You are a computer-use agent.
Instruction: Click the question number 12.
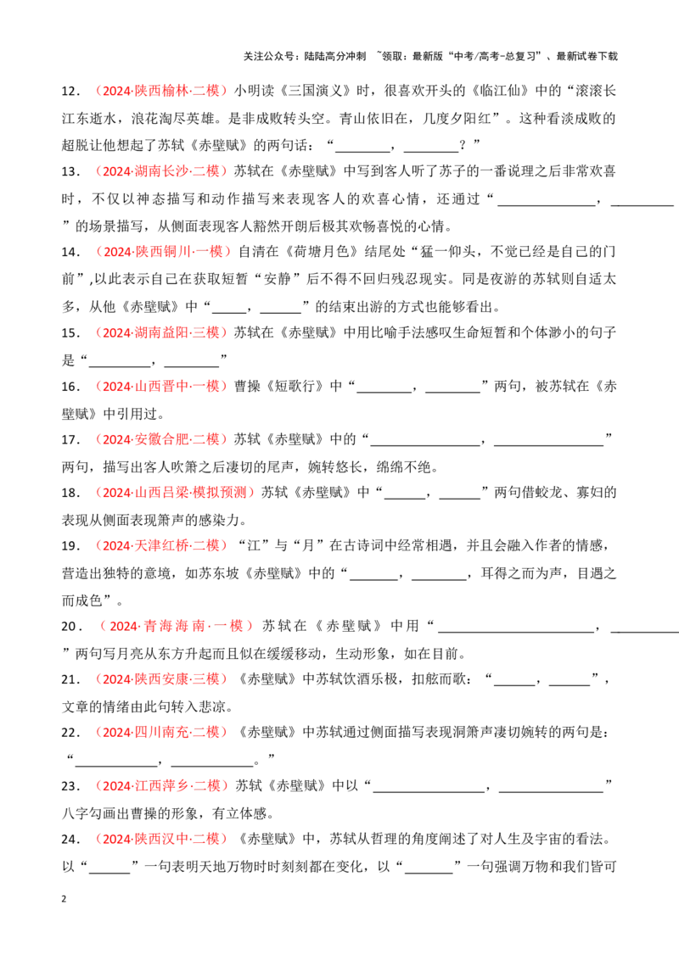[70, 92]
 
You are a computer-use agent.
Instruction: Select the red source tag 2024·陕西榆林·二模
[161, 91]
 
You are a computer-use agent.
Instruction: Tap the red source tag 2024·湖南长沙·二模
[161, 170]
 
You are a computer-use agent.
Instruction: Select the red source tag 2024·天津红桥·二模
[161, 545]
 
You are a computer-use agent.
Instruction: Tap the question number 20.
[71, 627]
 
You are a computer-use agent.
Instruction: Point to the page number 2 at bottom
[64, 899]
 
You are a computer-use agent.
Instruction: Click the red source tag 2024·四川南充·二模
[161, 732]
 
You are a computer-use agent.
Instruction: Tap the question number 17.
[70, 439]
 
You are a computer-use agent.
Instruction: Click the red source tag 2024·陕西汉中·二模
[161, 838]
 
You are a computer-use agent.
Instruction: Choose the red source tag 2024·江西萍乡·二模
[161, 785]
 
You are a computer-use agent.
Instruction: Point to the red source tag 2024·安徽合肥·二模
[161, 439]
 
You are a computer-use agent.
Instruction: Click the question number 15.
[70, 333]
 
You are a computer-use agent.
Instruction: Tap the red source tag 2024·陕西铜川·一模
[163, 251]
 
